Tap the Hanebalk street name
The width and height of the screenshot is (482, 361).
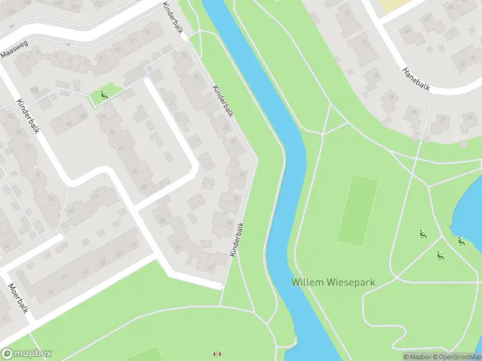[x=416, y=79]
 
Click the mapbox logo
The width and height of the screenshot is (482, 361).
[x=27, y=354]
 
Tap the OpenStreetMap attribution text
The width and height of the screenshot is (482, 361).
[x=456, y=357]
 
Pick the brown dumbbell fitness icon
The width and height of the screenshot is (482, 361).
[x=218, y=354]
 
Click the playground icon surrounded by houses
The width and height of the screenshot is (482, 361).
[x=104, y=94]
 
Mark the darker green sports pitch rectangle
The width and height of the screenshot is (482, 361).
[x=357, y=209]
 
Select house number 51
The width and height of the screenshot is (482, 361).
[x=51, y=293]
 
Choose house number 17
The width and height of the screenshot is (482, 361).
[x=443, y=120]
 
